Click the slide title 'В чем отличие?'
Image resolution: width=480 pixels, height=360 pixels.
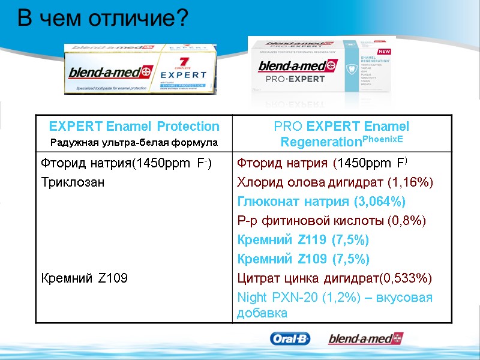103,19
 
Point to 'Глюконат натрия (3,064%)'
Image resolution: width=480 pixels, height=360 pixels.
321,201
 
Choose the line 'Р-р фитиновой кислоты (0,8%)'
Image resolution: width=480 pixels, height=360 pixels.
331,221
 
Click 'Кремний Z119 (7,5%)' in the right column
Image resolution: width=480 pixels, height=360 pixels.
304,240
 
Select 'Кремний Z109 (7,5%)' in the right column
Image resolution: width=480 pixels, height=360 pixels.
304,259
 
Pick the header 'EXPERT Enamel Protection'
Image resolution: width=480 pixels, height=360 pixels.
134,126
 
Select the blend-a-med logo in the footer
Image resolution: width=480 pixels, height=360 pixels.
365,339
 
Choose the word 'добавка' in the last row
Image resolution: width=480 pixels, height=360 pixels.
262,313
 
